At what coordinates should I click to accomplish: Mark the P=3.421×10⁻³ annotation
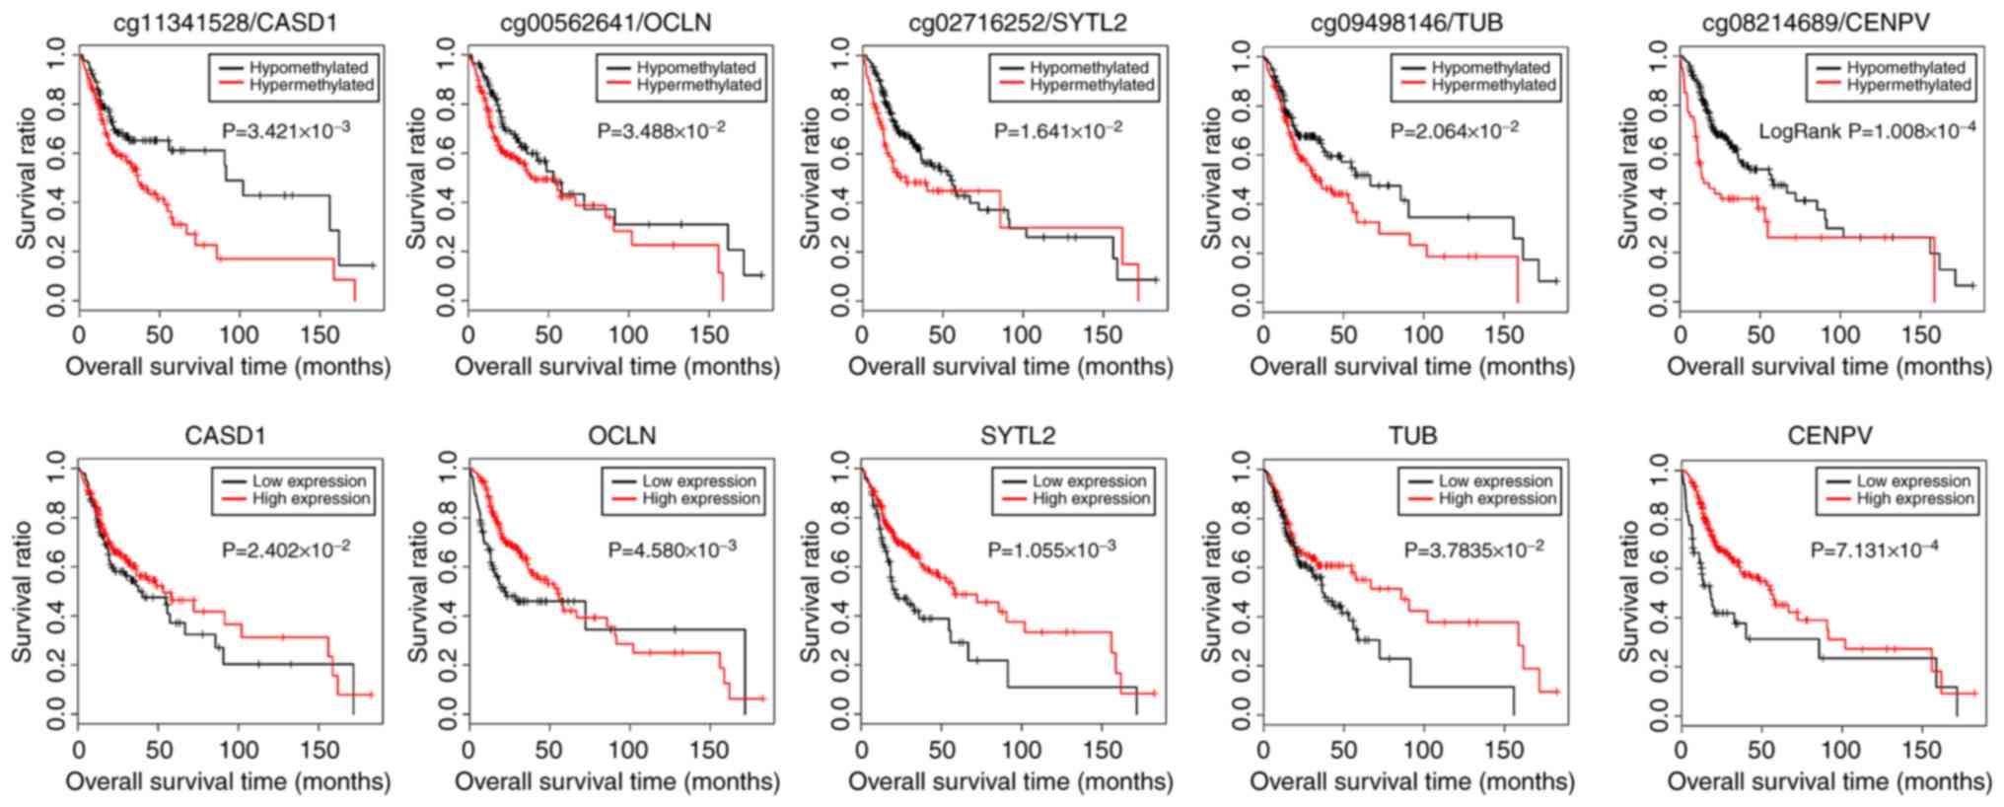pyautogui.click(x=286, y=130)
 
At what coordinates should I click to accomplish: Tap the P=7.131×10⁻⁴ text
pyautogui.click(x=1874, y=550)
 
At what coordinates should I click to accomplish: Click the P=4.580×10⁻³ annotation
pyautogui.click(x=672, y=550)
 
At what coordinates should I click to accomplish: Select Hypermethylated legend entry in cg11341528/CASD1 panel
pyautogui.click(x=311, y=86)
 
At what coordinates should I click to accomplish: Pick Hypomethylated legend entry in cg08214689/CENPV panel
pyautogui.click(x=1905, y=68)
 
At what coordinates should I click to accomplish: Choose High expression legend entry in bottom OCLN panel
pyautogui.click(x=700, y=499)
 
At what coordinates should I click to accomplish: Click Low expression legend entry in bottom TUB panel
pyautogui.click(x=1495, y=481)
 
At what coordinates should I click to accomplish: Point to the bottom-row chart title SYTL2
pyautogui.click(x=1017, y=436)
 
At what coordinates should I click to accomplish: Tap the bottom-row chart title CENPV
pyautogui.click(x=1829, y=436)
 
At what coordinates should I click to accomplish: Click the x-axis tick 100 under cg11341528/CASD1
pyautogui.click(x=239, y=335)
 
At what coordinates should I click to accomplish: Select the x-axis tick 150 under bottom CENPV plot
pyautogui.click(x=1920, y=751)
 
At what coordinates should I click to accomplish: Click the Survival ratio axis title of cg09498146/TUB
pyautogui.click(x=1211, y=178)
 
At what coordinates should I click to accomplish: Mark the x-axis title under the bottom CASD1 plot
pyautogui.click(x=228, y=782)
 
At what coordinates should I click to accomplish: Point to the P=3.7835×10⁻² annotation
pyautogui.click(x=1474, y=550)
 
